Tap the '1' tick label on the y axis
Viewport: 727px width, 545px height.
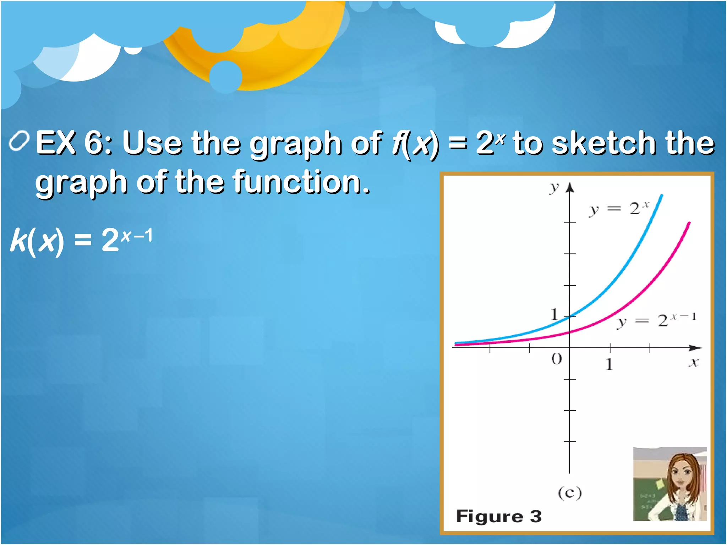click(554, 314)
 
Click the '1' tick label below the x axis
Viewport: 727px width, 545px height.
click(609, 364)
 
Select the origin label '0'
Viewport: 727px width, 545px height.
click(557, 359)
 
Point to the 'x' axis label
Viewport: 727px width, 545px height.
click(694, 363)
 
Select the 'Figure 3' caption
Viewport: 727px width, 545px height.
click(499, 516)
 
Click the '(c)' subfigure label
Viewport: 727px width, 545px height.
click(570, 492)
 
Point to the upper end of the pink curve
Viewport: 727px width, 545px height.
click(689, 224)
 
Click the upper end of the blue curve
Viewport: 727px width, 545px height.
click(662, 196)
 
